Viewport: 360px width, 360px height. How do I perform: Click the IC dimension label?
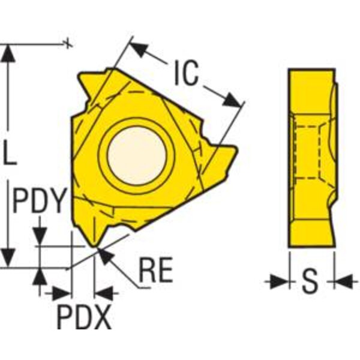point(186,73)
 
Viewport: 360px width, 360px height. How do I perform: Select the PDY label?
point(38,200)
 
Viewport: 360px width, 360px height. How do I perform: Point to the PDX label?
point(85,316)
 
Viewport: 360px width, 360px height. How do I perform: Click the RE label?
point(156,269)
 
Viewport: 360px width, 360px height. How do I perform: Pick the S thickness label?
point(310,281)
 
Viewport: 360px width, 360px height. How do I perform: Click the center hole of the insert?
point(137,155)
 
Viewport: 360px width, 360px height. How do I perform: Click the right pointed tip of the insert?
point(236,149)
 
